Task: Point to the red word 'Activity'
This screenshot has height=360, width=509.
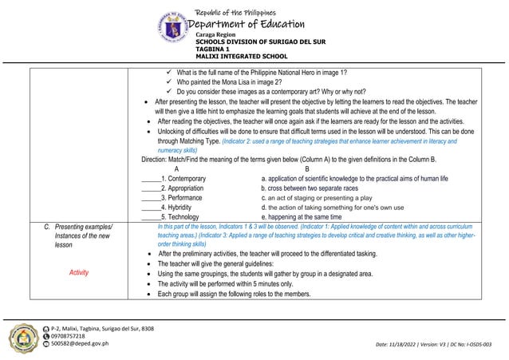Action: tap(78, 272)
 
